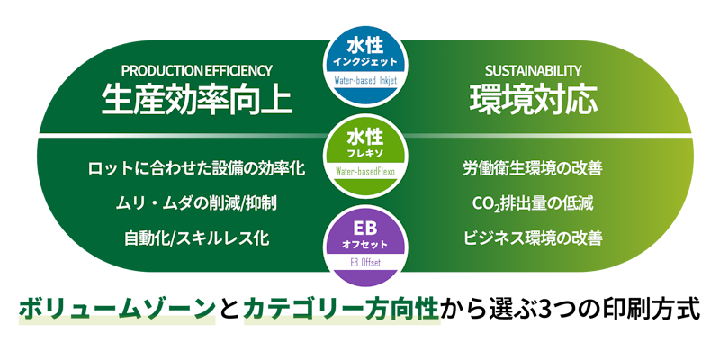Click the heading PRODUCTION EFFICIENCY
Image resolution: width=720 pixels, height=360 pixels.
(196, 71)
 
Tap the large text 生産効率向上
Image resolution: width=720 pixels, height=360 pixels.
(196, 99)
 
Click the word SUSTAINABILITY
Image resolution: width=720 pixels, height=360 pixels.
(533, 71)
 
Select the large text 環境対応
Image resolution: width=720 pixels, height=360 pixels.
(533, 99)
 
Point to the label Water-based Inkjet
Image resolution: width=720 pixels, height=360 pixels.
(365, 81)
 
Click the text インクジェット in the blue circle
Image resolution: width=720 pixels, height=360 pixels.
(365, 61)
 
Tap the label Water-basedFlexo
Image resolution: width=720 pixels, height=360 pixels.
(365, 172)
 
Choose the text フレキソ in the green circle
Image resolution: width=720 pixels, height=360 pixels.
(365, 152)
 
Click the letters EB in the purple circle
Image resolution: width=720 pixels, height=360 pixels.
(365, 229)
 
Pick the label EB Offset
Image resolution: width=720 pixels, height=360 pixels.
(365, 263)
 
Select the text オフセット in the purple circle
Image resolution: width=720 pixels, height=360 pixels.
(365, 245)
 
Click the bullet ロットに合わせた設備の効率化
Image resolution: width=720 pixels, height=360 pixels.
(196, 168)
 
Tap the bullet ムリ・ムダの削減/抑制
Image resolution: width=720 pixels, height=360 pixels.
(196, 203)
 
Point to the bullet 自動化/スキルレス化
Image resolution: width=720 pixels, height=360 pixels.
(196, 238)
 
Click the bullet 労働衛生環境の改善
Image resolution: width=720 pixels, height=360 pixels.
(533, 168)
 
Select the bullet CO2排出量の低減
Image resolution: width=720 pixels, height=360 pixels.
(533, 203)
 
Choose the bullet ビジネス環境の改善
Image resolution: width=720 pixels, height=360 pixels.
(533, 238)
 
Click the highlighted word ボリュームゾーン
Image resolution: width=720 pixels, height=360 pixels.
(117, 309)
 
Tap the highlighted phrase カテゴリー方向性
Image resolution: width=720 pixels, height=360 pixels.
(342, 309)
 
